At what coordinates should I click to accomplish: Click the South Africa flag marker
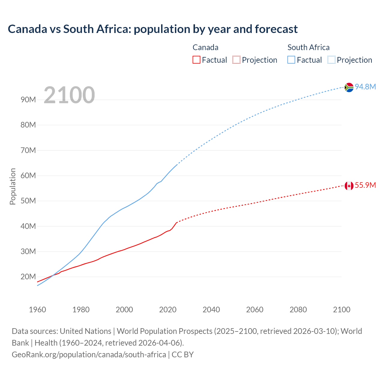click(349, 87)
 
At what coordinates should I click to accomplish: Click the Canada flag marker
click(349, 186)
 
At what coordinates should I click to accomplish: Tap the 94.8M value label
click(365, 87)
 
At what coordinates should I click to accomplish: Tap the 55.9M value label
click(365, 185)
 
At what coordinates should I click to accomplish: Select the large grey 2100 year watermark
click(69, 95)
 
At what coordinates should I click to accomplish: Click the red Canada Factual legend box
click(196, 60)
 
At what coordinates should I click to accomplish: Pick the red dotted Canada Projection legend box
click(236, 60)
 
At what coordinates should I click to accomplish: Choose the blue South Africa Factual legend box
click(291, 60)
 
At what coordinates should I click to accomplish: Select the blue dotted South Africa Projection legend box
click(331, 60)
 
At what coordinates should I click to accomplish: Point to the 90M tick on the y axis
click(28, 100)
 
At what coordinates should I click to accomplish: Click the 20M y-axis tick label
click(28, 277)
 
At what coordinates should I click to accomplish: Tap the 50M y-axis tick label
click(28, 201)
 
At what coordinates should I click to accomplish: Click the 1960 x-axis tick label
click(37, 310)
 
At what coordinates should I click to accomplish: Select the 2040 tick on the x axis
click(211, 310)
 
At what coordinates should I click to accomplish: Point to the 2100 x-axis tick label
click(342, 310)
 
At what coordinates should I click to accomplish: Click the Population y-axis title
click(13, 186)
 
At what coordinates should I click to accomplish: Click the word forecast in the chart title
click(276, 29)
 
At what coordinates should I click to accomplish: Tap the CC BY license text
click(183, 354)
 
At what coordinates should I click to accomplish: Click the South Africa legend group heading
click(308, 47)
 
